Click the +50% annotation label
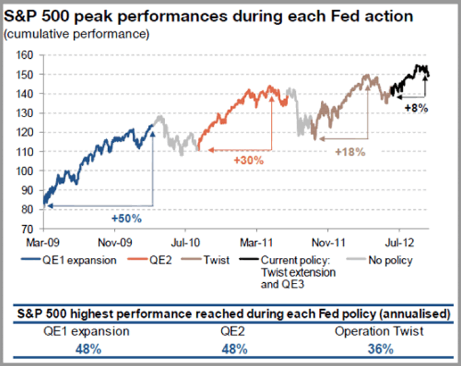click(x=126, y=218)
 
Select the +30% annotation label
click(x=249, y=161)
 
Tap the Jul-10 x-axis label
click(x=185, y=243)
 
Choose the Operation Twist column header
click(x=380, y=331)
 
